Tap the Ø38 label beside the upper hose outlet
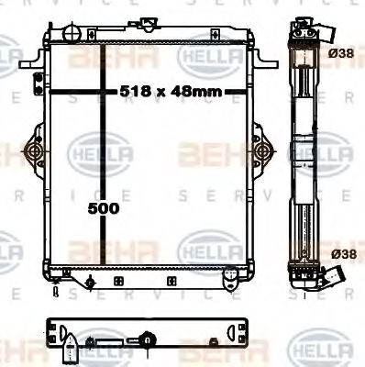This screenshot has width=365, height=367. (x=340, y=54)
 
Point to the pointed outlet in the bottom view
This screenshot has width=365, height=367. (x=71, y=350)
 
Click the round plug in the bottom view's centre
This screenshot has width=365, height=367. (x=148, y=342)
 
